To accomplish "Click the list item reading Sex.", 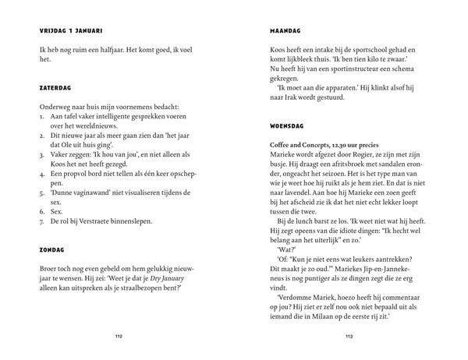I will pyautogui.click(x=56, y=210).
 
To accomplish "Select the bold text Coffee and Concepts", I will pyautogui.click(x=290, y=147).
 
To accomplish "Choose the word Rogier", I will pyautogui.click(x=363, y=157).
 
